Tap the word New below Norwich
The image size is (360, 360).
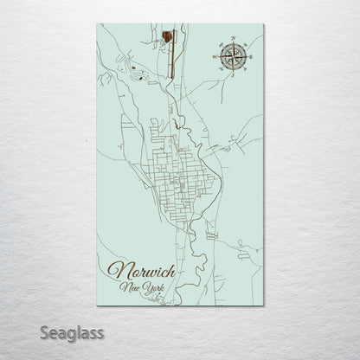click(x=131, y=287)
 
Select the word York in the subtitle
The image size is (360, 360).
click(x=153, y=287)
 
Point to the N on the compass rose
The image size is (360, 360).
click(x=233, y=39)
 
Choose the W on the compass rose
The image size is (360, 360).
click(x=214, y=56)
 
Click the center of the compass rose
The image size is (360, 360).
click(x=232, y=56)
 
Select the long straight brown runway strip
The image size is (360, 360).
click(x=173, y=52)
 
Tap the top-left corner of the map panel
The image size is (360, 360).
click(x=97, y=23)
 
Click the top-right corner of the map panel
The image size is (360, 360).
click(x=263, y=23)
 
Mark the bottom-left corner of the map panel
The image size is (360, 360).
click(x=97, y=305)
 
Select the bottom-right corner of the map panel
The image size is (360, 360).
click(x=263, y=305)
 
